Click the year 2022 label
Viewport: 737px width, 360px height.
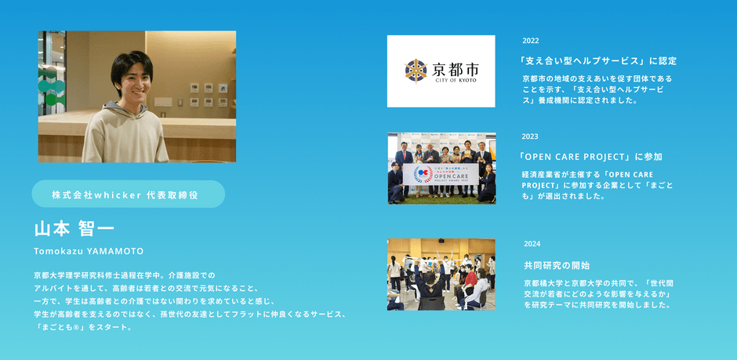(x=531, y=41)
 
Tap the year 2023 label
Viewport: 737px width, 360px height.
(x=530, y=136)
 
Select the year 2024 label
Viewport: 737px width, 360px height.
(x=532, y=244)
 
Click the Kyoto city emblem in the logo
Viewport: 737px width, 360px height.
(x=416, y=71)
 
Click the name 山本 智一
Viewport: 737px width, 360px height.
(x=74, y=229)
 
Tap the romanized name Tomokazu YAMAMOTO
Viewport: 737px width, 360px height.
(x=89, y=252)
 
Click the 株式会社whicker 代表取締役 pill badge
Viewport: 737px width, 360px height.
(x=129, y=194)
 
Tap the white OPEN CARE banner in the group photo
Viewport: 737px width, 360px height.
(x=441, y=174)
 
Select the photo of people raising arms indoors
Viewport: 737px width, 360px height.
(x=441, y=275)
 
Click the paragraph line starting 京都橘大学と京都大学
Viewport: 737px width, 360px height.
(x=598, y=283)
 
